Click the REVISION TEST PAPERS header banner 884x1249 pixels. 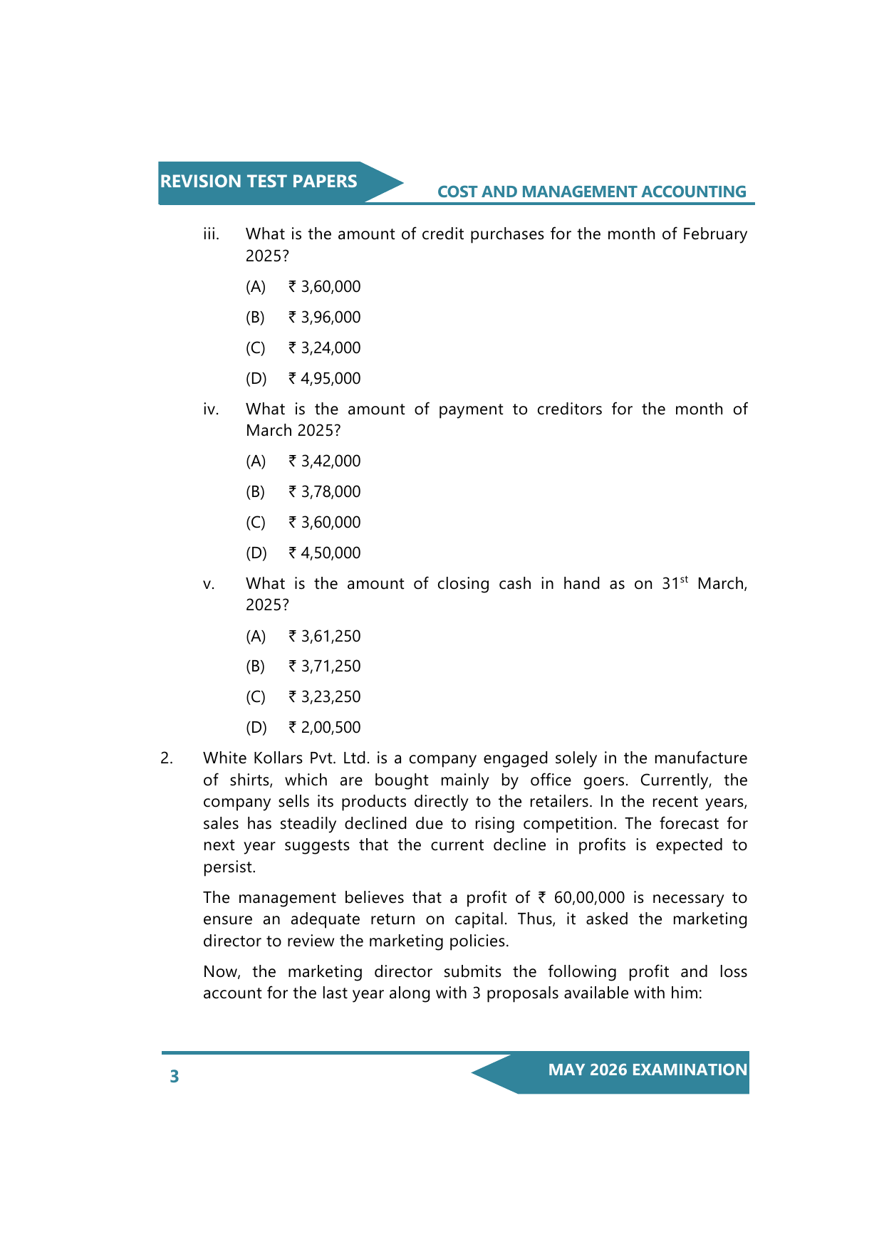(259, 182)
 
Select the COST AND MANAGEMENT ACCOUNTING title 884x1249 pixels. (591, 192)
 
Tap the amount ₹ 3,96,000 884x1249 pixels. (325, 318)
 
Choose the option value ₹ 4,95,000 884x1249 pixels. (325, 379)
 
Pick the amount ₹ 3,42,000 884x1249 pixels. (325, 461)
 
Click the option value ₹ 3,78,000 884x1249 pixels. (325, 492)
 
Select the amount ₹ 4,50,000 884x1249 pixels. (325, 553)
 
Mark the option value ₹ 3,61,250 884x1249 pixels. (325, 637)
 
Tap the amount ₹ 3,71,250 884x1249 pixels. (325, 667)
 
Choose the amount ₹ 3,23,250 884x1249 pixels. (325, 697)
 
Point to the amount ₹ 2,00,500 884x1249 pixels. (325, 728)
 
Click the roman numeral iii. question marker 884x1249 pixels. (211, 234)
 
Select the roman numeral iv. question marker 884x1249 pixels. (211, 409)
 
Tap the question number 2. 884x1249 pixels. (167, 758)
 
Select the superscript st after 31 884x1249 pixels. (684, 580)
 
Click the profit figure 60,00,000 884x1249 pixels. (589, 898)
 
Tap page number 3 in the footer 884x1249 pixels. (175, 1076)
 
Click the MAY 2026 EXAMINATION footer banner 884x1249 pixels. (647, 1070)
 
